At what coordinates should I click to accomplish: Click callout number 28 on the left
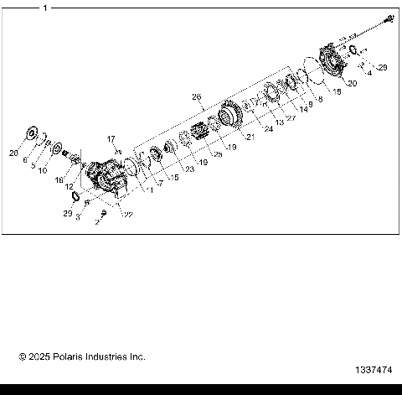13,153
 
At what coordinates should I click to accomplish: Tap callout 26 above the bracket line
197,96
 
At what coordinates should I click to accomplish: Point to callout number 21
248,138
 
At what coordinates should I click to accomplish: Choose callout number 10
43,171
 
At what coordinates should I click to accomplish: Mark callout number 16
59,180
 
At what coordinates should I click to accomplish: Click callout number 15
174,177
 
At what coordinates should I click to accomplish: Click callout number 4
369,73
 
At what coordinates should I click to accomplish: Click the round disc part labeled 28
33,133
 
